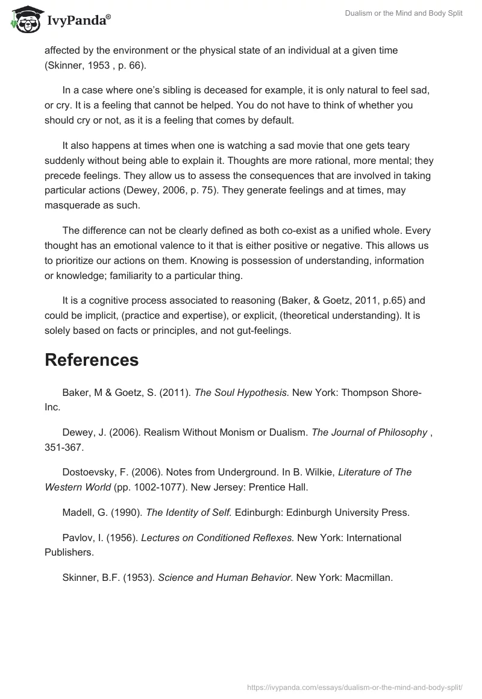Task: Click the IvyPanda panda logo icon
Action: (x=25, y=19)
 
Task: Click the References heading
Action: (x=92, y=360)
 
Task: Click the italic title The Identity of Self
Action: (x=189, y=512)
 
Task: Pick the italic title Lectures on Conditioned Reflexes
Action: (x=218, y=538)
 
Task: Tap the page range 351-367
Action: (x=64, y=447)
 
